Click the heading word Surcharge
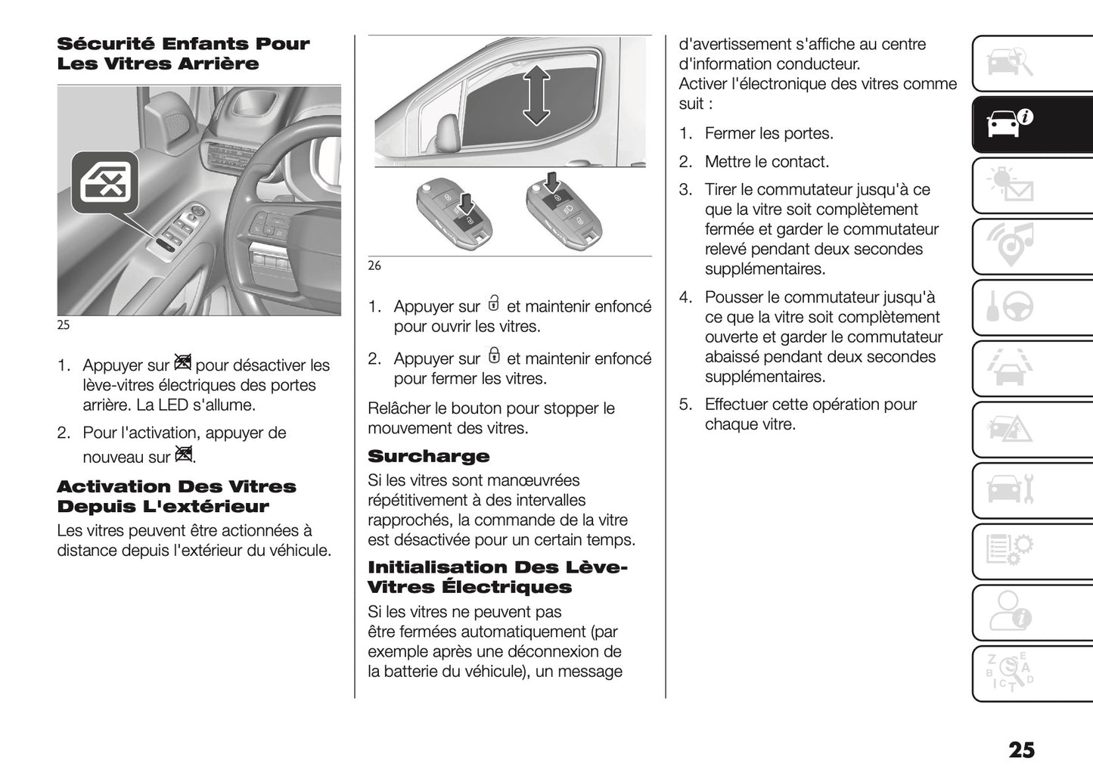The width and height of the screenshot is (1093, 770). tap(428, 456)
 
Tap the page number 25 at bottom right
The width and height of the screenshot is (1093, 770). tap(1021, 749)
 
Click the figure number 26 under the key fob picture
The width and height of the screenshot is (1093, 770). tap(374, 265)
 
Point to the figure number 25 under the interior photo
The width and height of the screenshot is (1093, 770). tap(64, 324)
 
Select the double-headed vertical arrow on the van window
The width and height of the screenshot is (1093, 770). tap(536, 95)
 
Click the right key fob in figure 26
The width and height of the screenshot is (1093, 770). tap(564, 208)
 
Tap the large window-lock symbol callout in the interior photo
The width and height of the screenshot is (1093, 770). tap(105, 182)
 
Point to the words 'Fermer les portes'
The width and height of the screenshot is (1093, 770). tap(769, 133)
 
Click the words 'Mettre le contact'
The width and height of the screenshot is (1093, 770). tap(766, 161)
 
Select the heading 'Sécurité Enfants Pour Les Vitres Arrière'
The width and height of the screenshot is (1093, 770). tap(183, 54)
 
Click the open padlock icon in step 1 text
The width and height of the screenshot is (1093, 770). tap(494, 304)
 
